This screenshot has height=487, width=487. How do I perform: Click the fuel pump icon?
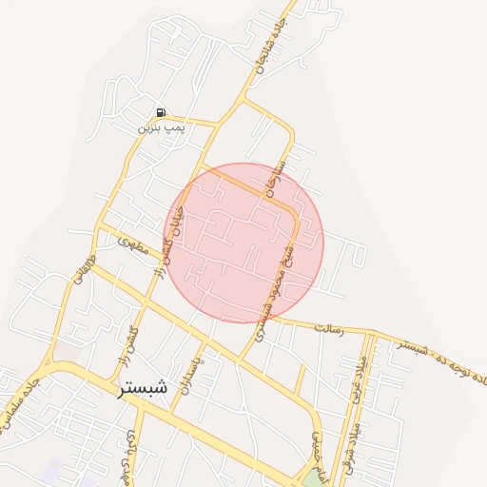tap(160, 112)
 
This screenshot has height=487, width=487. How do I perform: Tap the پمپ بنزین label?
tap(160, 127)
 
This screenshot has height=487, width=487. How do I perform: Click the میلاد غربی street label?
tap(359, 380)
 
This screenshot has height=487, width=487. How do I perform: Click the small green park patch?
tap(312, 476)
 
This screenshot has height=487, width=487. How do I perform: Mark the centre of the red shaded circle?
tap(246, 243)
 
